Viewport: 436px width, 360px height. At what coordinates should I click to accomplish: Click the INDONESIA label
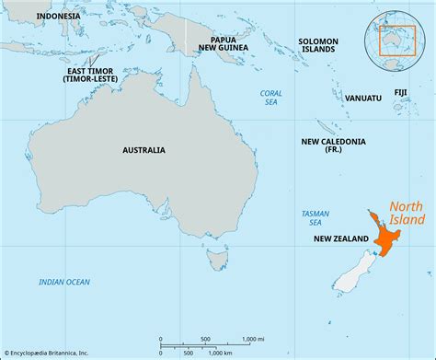50,16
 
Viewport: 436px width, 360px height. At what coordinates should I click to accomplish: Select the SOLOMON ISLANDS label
318,45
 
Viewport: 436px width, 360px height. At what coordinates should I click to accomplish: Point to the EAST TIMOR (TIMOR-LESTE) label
90,75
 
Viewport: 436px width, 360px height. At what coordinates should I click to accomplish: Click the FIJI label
401,92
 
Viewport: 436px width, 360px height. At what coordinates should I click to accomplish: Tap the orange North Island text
406,213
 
